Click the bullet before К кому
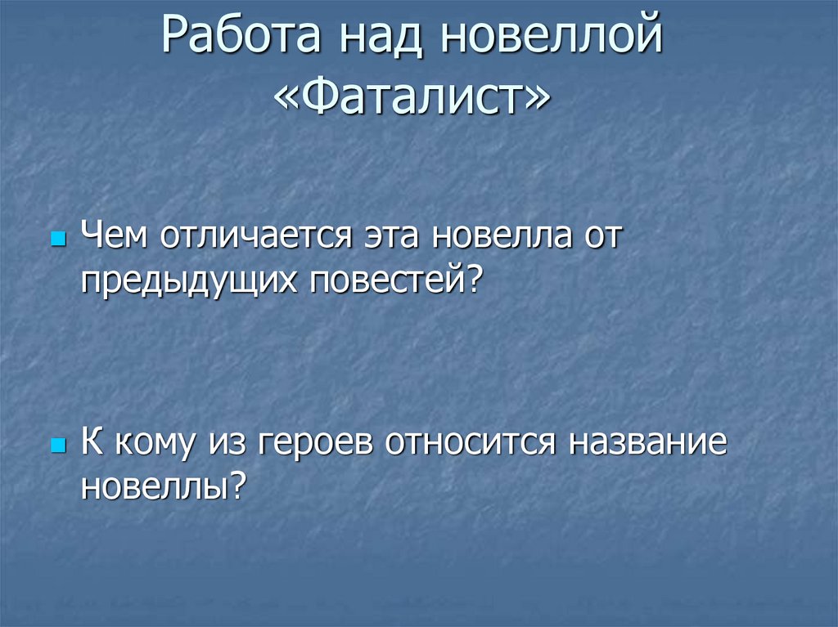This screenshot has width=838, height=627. [57, 448]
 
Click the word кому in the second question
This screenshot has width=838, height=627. [154, 445]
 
